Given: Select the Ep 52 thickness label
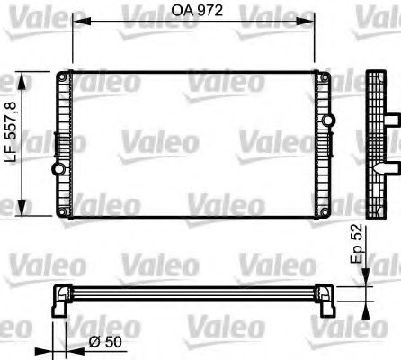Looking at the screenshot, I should coord(355,249).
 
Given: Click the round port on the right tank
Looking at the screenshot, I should coord(325,170).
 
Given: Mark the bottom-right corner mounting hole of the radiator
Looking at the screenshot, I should coord(325,212).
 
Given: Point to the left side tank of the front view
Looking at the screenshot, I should coord(63,144).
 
